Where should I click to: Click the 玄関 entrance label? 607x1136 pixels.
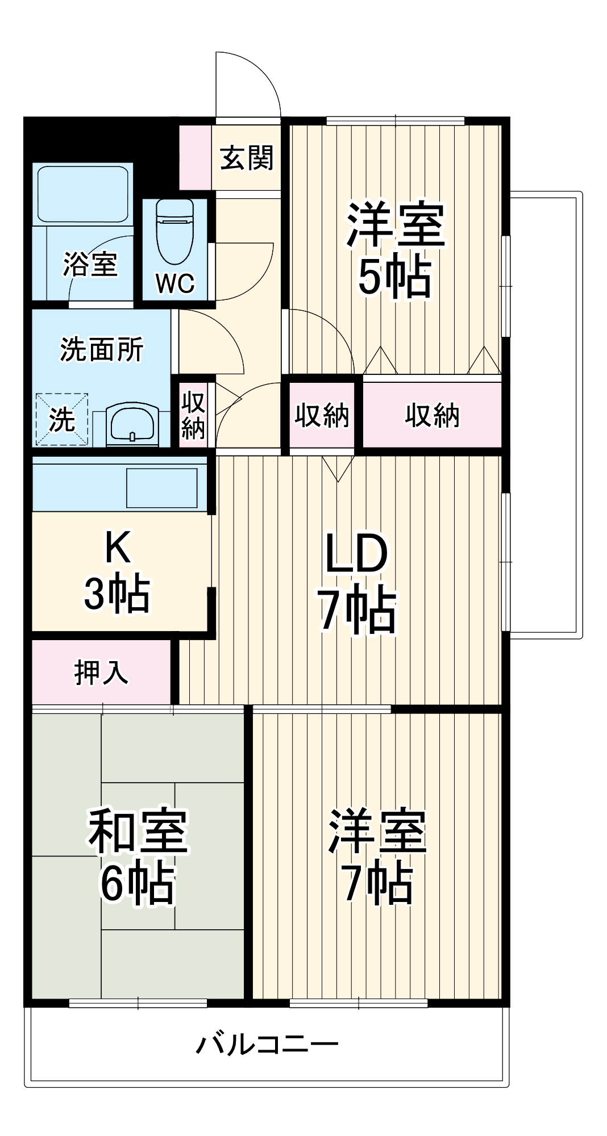click(x=247, y=158)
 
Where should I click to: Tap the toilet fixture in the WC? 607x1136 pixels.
click(x=174, y=230)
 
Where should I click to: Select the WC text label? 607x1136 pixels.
click(x=174, y=283)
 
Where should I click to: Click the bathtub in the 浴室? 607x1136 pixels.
click(x=83, y=193)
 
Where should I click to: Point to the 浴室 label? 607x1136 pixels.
click(x=90, y=264)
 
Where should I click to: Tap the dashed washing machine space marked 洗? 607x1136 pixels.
click(x=62, y=419)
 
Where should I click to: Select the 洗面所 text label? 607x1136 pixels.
click(x=102, y=349)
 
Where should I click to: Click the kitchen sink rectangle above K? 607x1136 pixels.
click(x=161, y=487)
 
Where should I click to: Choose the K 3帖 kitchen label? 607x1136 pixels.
click(x=117, y=571)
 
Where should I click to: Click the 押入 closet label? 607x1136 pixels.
click(x=101, y=673)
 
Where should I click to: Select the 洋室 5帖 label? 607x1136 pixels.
click(x=394, y=250)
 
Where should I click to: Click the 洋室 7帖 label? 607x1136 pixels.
click(x=377, y=858)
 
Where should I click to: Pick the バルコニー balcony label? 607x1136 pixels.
click(x=267, y=1044)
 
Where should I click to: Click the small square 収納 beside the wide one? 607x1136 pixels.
click(x=322, y=416)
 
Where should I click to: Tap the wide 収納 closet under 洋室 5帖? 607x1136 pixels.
click(x=432, y=416)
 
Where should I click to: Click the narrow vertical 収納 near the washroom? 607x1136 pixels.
click(x=193, y=416)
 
